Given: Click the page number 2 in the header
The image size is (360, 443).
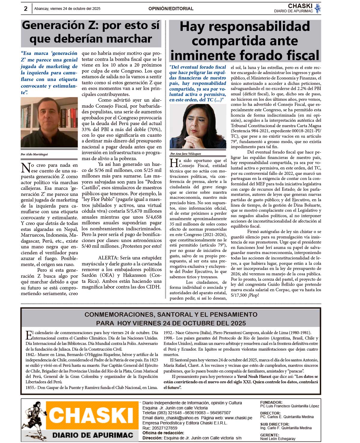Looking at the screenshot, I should pos(25,9).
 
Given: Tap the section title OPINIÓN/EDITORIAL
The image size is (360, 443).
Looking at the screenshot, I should pos(171,9).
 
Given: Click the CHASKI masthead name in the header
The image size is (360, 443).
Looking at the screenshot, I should pos(300,6).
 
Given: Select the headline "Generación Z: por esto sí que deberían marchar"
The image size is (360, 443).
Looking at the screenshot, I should pos(91,32).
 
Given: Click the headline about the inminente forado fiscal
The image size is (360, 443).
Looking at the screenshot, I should pos(245,41).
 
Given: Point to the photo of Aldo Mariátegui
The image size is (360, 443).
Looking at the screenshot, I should pos(45,122).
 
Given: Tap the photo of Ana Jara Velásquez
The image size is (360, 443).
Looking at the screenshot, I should pos(198,127).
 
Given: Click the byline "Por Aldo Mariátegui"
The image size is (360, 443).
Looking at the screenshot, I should pos(34,154).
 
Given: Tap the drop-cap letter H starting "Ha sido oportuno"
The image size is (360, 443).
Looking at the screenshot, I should pos(174,163).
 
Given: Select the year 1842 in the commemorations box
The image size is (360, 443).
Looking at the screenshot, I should pos(31,355).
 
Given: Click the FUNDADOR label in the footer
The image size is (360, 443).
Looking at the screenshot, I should pos(271,403).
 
